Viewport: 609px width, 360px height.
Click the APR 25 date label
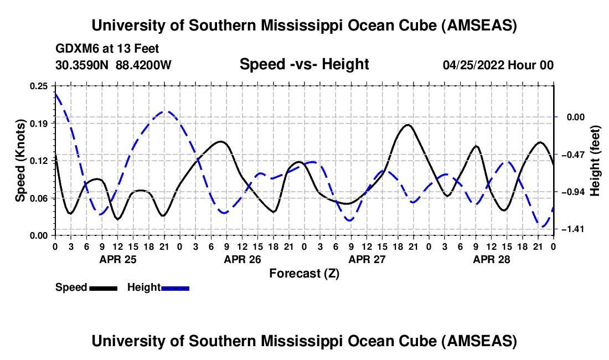point(117,259)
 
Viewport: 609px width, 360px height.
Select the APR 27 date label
point(366,259)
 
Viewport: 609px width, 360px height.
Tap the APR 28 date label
point(491,259)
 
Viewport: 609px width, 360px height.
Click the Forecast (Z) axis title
point(304,273)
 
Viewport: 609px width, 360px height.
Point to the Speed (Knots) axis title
point(20,160)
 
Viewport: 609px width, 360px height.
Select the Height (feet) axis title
point(596,160)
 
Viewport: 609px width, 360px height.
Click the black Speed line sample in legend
point(103,287)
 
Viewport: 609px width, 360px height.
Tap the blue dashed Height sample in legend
point(175,287)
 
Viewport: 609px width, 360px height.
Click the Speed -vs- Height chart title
point(304,65)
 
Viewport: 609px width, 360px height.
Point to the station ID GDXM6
point(74,49)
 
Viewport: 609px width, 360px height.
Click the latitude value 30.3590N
point(82,65)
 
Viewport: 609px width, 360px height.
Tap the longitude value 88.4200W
point(143,65)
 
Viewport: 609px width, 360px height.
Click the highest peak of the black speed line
point(408,125)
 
